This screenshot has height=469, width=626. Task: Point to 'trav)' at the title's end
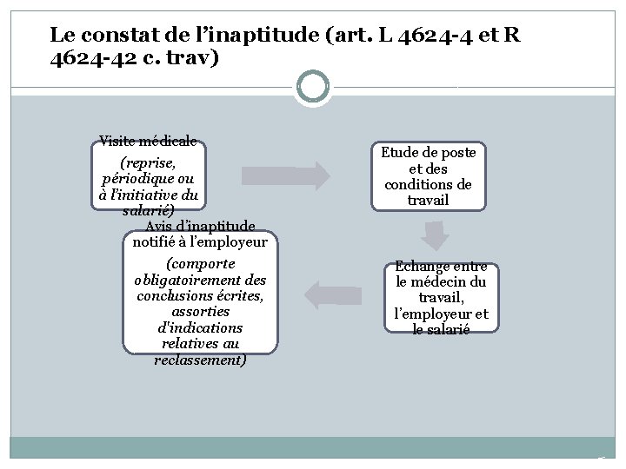tap(200, 61)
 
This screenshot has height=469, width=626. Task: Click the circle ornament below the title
tap(312, 87)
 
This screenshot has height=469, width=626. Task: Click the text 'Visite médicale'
tap(148, 141)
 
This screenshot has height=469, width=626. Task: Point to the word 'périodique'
tap(133, 178)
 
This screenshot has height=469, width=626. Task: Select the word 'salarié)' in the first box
tap(148, 210)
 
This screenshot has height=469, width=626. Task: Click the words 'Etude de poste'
tap(428, 152)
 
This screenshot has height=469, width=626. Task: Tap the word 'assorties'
tap(201, 312)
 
